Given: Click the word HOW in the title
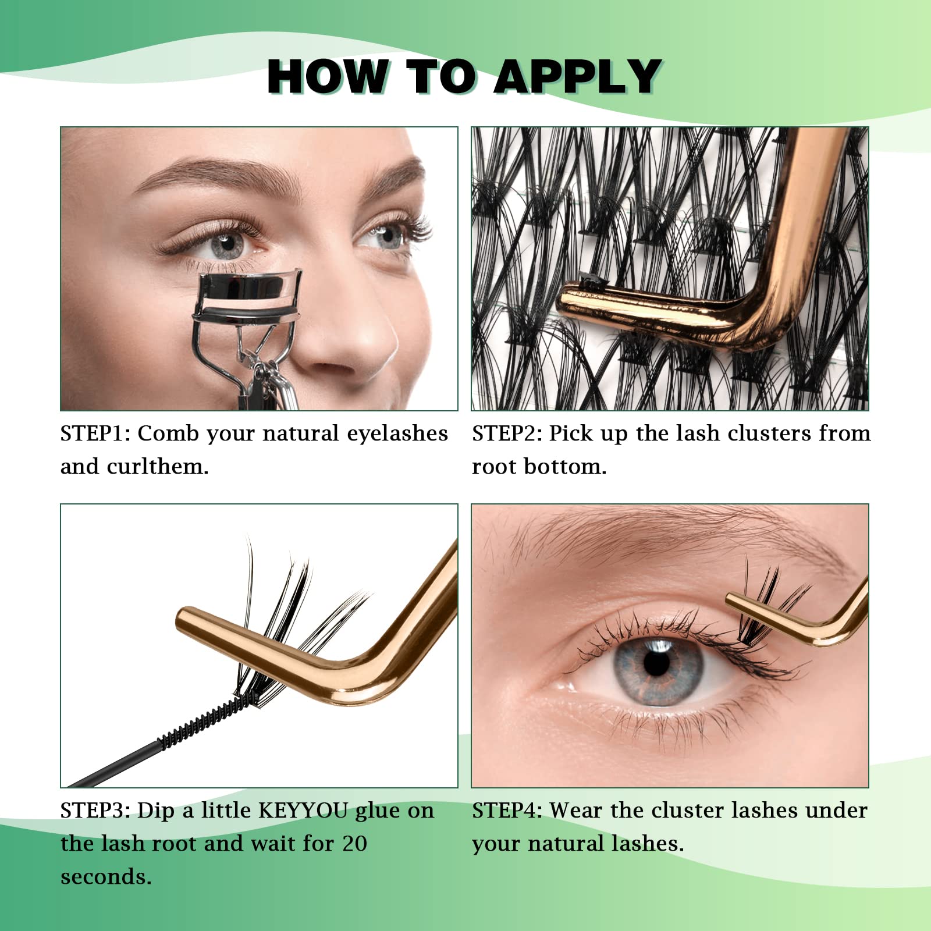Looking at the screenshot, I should click(328, 77).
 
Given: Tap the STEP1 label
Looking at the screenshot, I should click(95, 433).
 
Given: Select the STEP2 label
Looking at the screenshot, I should click(506, 433).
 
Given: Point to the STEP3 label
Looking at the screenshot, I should click(95, 811).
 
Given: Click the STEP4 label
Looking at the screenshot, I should click(506, 811).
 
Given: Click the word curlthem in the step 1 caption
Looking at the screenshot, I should click(157, 467).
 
